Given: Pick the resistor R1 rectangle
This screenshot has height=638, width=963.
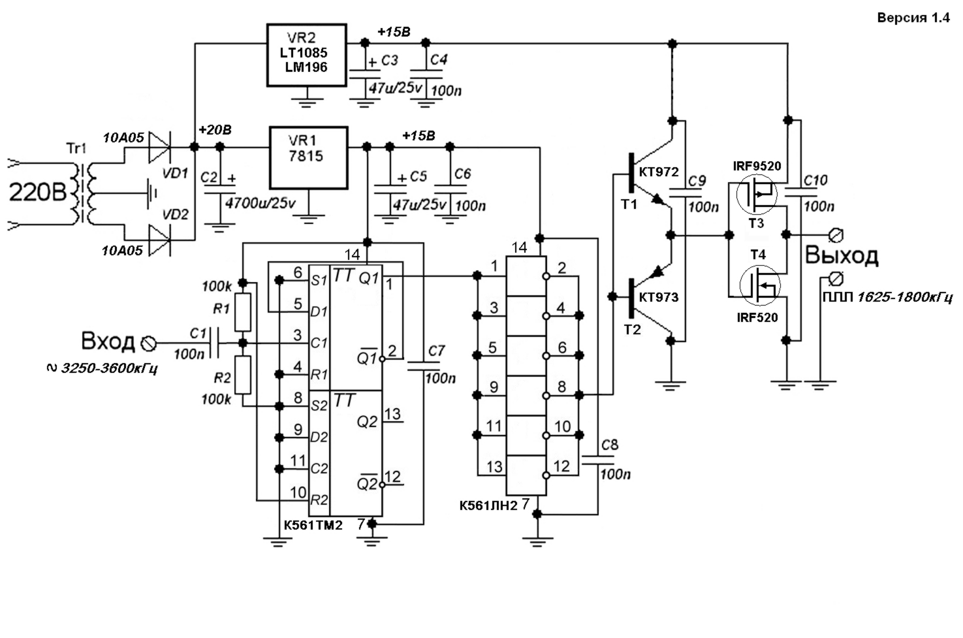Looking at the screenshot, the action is point(243,313).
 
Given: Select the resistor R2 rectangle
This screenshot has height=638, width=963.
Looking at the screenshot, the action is point(243,375).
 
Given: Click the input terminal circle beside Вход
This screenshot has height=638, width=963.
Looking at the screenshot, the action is point(149,343).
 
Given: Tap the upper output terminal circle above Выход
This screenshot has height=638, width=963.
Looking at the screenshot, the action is point(836,234).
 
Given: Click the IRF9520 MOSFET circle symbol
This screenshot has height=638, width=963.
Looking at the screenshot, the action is point(757,195).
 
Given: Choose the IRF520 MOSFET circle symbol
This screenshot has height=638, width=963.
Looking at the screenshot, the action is point(760,286).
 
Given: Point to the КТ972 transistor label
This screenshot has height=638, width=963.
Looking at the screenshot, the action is point(659,172).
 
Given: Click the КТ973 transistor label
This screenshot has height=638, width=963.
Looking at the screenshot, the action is point(659,297).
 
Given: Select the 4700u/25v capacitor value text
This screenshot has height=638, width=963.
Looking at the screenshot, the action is point(260,203).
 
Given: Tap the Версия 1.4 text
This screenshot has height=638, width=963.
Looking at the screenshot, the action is point(913,18).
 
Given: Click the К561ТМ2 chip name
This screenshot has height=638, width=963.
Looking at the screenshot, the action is point(313,525).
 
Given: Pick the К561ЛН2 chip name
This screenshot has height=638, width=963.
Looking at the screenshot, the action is point(488,505).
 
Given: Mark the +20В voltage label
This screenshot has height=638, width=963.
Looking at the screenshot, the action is point(215,129).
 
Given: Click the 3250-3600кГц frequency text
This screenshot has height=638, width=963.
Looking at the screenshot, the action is point(109,368).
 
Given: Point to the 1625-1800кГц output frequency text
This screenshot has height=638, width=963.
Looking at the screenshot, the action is point(905,297).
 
